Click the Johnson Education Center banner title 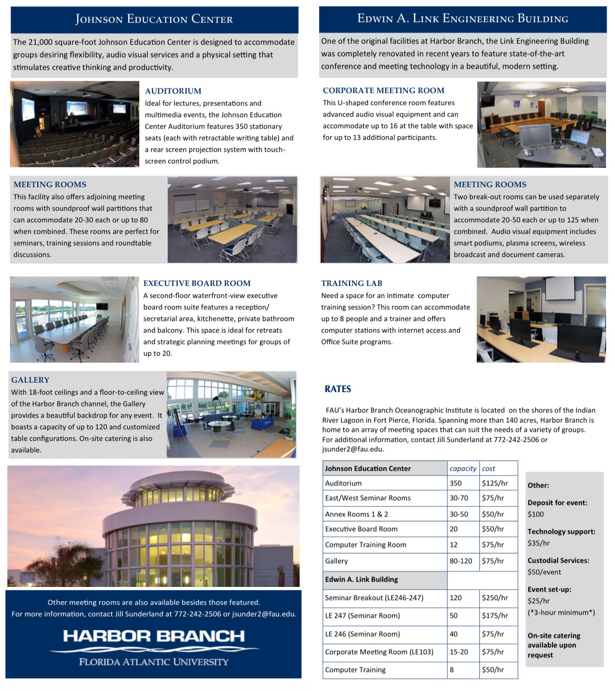[x=154, y=19]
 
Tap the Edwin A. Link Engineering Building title [x=463, y=18]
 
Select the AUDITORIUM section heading [x=173, y=91]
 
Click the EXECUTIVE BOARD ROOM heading [x=197, y=283]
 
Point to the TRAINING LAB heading [x=352, y=283]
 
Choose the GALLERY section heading [x=30, y=380]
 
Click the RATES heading [x=338, y=389]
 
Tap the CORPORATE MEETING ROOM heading [x=383, y=90]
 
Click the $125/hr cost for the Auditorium [x=495, y=483]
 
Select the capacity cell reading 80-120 [x=461, y=561]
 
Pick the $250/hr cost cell [x=495, y=597]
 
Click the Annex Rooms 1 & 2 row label [x=356, y=514]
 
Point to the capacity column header [x=463, y=468]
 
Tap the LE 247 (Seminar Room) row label [x=362, y=615]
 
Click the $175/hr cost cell [x=495, y=615]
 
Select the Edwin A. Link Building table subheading [x=361, y=579]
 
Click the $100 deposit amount [x=536, y=514]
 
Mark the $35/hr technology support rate [x=538, y=543]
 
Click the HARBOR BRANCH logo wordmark [x=153, y=636]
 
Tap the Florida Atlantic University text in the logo [x=153, y=662]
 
